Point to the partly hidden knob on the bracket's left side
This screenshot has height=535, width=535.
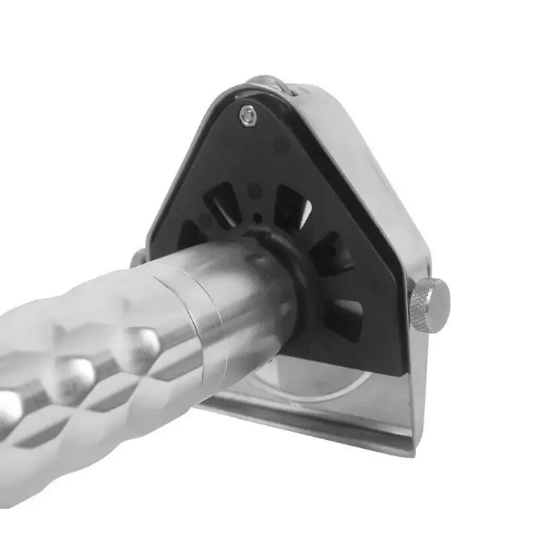click(x=138, y=258)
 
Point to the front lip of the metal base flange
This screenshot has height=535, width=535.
click(x=312, y=431)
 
